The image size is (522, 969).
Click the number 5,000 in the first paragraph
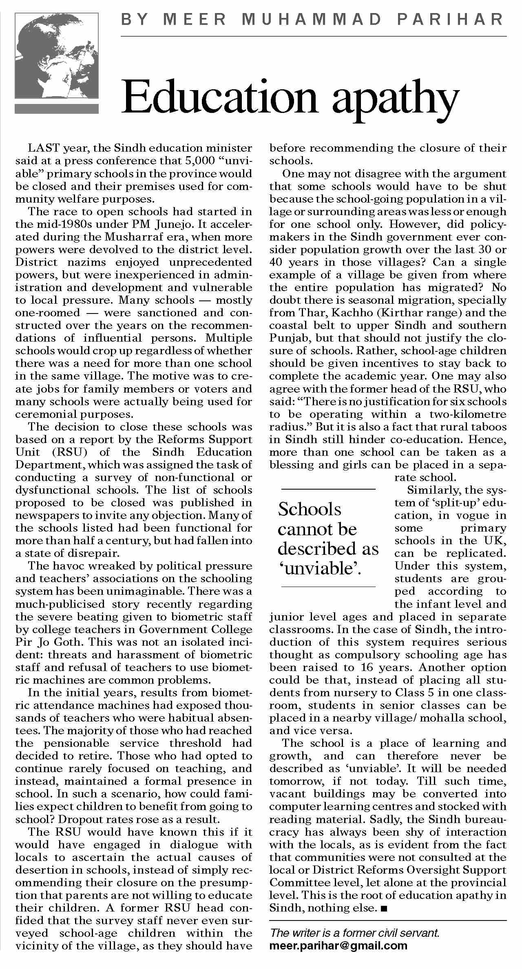pyautogui.click(x=204, y=161)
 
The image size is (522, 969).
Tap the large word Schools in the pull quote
pyautogui.click(x=310, y=509)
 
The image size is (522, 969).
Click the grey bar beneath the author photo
pyautogui.click(x=57, y=108)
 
